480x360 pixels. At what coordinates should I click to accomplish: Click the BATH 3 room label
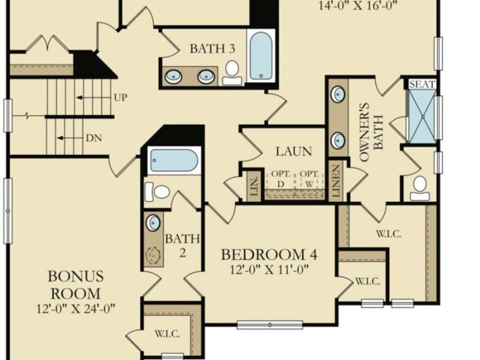click(212, 49)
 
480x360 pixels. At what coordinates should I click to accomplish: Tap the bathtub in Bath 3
click(261, 55)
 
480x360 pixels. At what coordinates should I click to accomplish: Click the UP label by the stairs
click(121, 98)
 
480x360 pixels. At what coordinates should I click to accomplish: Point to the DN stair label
click(94, 138)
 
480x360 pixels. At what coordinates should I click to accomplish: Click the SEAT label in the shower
click(422, 84)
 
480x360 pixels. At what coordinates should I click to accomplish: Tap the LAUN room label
click(293, 151)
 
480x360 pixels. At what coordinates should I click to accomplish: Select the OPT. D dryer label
click(281, 179)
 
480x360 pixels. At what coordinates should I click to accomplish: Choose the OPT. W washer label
click(309, 179)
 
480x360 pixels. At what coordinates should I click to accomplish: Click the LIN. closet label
click(255, 186)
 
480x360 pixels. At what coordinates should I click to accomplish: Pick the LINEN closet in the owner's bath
click(336, 181)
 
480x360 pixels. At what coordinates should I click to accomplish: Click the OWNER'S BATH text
click(371, 132)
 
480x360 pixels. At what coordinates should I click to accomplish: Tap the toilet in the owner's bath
click(419, 188)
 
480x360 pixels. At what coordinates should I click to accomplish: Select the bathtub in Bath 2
click(173, 160)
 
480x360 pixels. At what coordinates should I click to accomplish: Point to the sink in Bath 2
click(153, 222)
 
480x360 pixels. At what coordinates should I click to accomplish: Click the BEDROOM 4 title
click(269, 255)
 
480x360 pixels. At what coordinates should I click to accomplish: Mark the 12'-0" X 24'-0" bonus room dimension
click(76, 309)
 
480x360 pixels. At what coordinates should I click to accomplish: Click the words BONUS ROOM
click(76, 285)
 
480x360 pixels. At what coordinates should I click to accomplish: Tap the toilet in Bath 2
click(157, 192)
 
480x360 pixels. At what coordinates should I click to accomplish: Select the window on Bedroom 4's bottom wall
click(270, 325)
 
